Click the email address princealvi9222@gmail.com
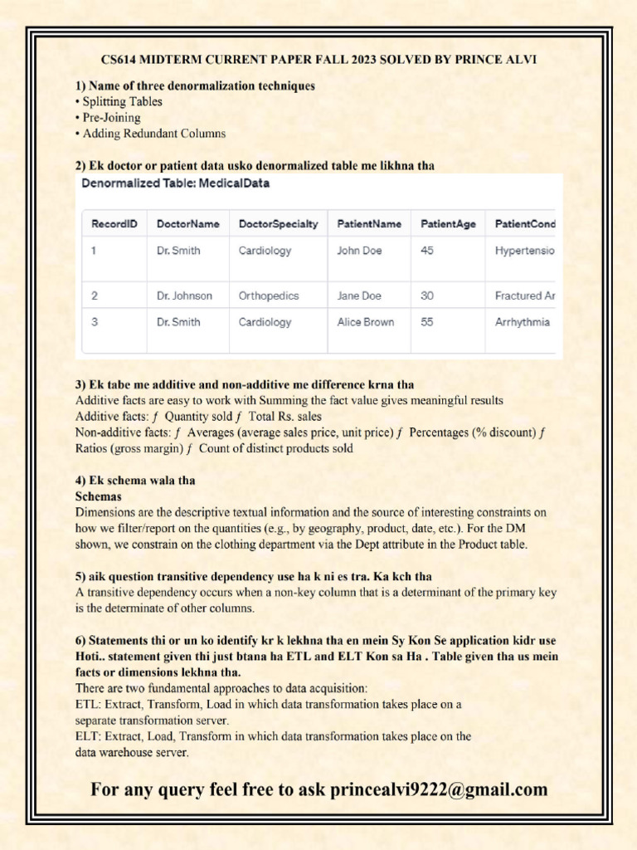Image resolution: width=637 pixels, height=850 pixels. point(439,789)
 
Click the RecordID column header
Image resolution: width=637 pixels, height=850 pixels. point(114,224)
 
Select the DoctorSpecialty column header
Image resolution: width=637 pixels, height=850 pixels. point(278,224)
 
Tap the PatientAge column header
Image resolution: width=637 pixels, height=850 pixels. point(449,224)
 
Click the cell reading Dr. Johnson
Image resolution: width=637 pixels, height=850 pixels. point(184,296)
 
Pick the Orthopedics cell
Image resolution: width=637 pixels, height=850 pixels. point(269,296)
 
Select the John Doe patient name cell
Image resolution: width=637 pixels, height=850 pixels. point(359,251)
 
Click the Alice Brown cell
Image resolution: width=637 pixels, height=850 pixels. point(365,322)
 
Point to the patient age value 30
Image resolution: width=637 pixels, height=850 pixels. point(427,296)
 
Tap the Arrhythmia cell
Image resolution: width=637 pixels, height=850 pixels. point(522,322)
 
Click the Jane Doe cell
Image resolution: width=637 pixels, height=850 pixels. point(359,296)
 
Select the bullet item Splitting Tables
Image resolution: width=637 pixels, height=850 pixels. point(122,101)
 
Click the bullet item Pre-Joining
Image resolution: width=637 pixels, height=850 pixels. point(111,117)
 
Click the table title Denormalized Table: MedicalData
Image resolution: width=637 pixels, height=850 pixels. point(175,183)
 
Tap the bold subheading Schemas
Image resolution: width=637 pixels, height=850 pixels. point(99,496)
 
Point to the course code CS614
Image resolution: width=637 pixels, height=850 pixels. point(120,60)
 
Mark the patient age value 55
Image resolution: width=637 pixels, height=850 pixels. point(427,322)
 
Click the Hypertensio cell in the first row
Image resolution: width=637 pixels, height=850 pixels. point(524,251)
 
